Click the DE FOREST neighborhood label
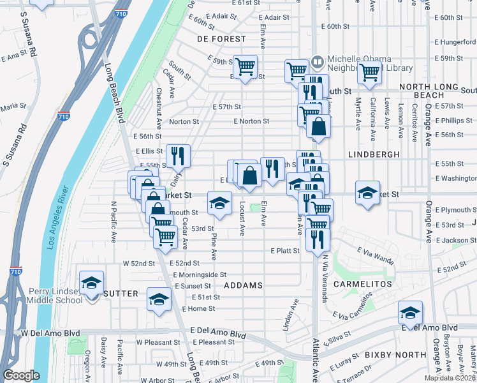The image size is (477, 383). (x=221, y=39)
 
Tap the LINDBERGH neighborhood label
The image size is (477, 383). (x=374, y=154)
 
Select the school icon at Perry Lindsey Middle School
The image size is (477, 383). (x=91, y=282)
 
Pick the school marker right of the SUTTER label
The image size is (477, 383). (x=159, y=298)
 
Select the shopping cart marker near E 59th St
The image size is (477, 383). (x=245, y=66)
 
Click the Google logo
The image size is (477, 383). (x=21, y=375)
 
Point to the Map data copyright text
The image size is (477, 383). (x=450, y=378)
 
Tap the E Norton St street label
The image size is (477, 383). (x=251, y=121)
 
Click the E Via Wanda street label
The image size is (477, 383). (x=375, y=255)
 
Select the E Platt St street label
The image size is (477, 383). (x=284, y=251)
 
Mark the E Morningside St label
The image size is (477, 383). (x=200, y=274)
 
